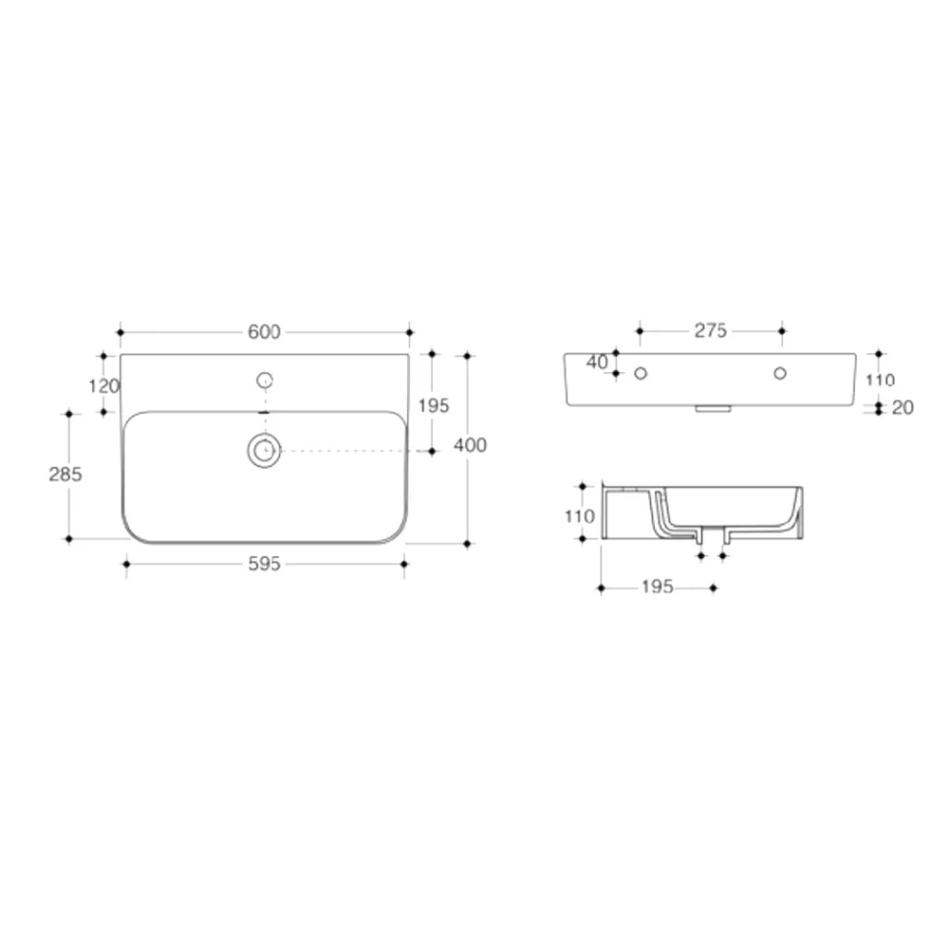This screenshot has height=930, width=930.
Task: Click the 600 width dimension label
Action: click(x=263, y=332)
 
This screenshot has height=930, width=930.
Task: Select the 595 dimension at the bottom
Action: click(x=264, y=564)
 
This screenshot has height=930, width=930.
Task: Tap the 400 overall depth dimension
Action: click(x=471, y=445)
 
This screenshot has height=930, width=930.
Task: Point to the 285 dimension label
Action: click(x=66, y=475)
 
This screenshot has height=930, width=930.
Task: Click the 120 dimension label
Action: click(x=103, y=386)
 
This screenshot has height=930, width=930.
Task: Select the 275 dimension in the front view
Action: click(x=711, y=331)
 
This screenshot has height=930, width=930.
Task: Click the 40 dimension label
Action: click(x=596, y=362)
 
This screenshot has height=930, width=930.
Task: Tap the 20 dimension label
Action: click(x=902, y=408)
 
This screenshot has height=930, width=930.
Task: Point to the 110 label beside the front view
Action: click(x=880, y=380)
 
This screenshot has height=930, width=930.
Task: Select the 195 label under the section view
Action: click(x=657, y=587)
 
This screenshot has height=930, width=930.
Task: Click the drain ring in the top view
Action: click(x=264, y=450)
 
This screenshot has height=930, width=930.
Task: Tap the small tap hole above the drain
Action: click(x=264, y=380)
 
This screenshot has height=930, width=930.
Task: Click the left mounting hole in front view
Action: click(x=640, y=373)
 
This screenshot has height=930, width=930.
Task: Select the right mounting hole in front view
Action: click(x=780, y=373)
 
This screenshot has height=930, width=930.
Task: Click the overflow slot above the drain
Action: click(x=264, y=413)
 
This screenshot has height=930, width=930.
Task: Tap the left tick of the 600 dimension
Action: click(x=119, y=332)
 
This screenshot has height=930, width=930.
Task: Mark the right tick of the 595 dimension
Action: click(x=404, y=563)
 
